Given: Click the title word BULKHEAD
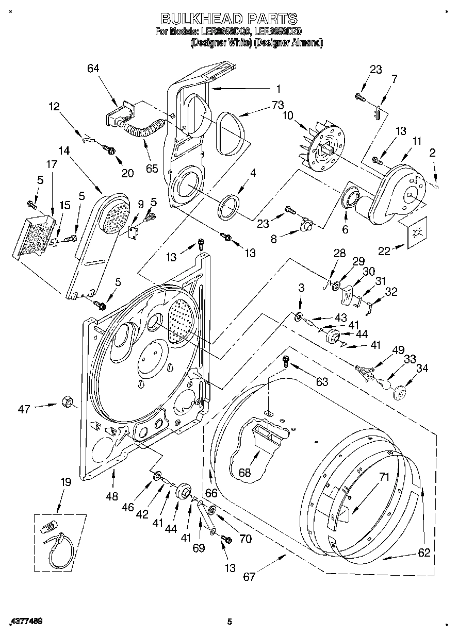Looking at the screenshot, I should coord(201,19).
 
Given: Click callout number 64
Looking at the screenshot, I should coord(93,69).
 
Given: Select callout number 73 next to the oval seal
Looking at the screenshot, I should coord(277,105).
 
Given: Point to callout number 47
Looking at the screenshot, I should coord(24,409).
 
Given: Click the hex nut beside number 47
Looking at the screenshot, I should coord(66,401).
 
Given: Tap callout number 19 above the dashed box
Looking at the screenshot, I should coord(65,483).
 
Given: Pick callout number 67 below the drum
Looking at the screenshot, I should coord(249,576).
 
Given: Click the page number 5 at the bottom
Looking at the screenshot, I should coord(230,622).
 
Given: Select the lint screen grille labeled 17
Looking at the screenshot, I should coord(32,237).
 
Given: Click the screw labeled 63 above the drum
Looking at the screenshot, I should coord(286,360).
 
